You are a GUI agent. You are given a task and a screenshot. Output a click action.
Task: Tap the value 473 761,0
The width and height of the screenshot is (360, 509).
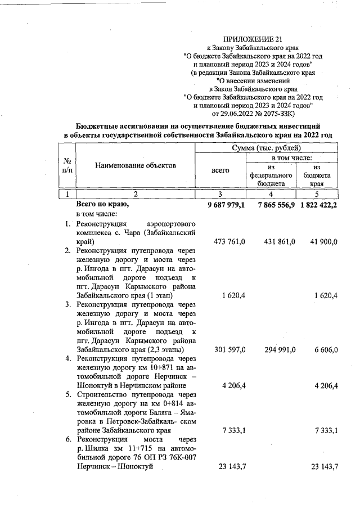tap(230, 241)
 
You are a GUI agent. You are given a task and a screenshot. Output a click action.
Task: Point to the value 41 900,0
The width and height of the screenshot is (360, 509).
tap(322, 241)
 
